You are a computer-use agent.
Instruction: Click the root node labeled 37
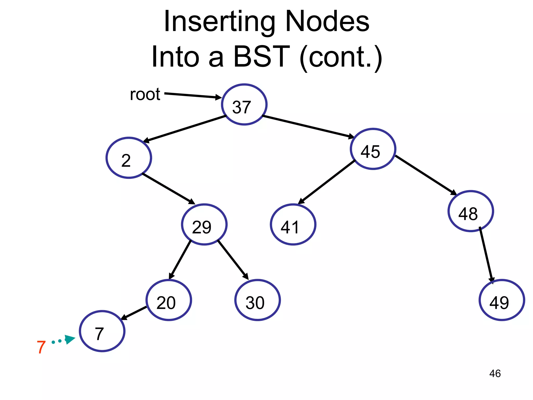pos(244,104)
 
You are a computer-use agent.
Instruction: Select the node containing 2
pos(129,158)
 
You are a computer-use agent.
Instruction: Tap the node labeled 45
pos(373,149)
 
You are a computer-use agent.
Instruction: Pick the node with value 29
pos(204,224)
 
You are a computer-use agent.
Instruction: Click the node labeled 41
pos(293,224)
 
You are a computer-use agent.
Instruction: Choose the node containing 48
pos(471,211)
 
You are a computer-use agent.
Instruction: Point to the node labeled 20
pos(169,300)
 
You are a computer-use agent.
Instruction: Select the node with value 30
pos(257,300)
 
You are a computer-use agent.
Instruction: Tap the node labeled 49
pos(502,300)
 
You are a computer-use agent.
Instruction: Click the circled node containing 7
pos(102,331)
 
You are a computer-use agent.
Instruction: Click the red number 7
pos(41,347)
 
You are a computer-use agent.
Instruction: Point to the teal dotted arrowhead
pos(69,339)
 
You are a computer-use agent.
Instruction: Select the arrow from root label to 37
pos(193,95)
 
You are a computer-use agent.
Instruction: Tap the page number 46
pos(495,373)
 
